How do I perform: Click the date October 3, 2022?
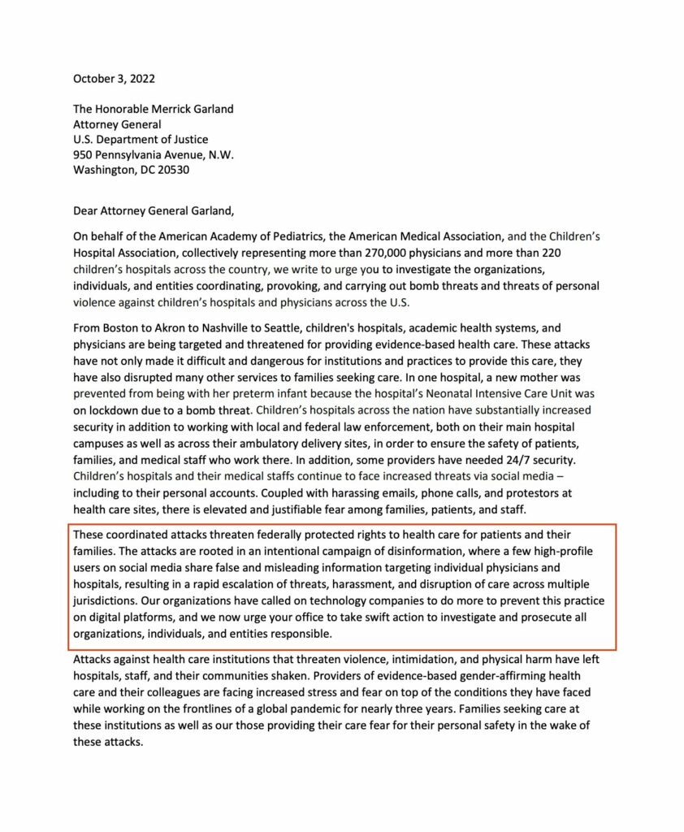(x=114, y=79)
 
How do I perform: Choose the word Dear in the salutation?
(x=87, y=211)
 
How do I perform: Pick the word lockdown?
(x=113, y=410)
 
